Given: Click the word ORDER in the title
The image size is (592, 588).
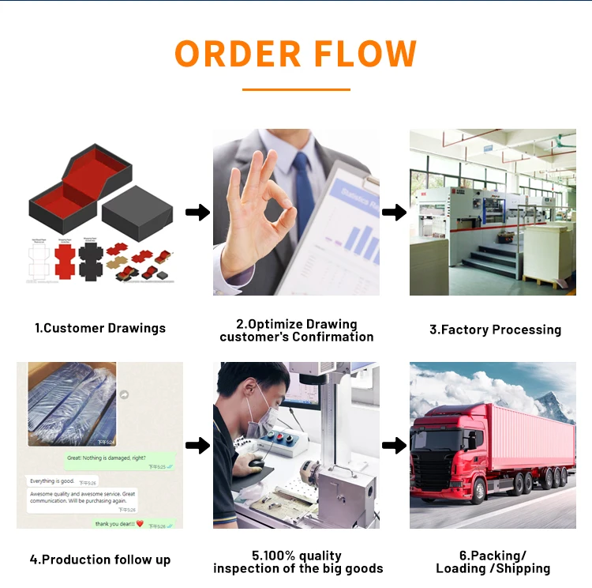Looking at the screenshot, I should click(238, 53).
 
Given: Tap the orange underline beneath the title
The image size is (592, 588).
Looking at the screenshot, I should click(295, 89).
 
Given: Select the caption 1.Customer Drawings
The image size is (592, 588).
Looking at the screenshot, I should click(99, 328).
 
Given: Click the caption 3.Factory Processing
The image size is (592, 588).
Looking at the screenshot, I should click(495, 330).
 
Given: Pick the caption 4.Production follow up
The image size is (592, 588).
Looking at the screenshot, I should click(100, 560).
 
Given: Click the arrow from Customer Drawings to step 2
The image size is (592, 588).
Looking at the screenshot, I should click(197, 212).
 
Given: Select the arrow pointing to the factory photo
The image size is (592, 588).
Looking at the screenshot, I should click(394, 212).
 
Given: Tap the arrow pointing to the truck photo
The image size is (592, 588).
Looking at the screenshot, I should click(394, 446).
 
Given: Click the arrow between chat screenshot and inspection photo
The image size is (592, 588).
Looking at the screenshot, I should click(197, 446).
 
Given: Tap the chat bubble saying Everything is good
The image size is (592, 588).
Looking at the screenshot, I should click(52, 481).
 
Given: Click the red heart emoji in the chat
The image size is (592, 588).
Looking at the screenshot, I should click(140, 523).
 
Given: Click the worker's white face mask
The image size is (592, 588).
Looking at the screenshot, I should click(258, 409).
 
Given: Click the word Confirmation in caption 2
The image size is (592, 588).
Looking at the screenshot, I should click(333, 337).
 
